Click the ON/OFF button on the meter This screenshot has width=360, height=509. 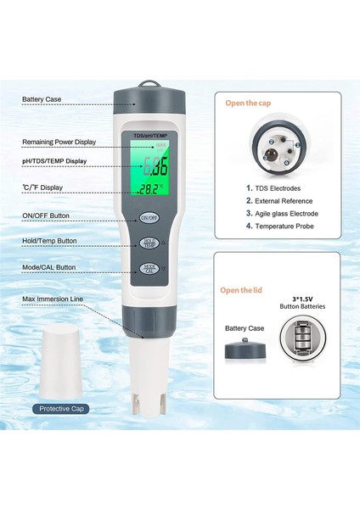149,217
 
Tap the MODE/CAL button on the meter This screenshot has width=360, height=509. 149,269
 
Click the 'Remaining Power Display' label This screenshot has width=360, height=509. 59,142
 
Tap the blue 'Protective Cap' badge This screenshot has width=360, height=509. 64,408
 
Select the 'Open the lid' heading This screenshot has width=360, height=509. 243,289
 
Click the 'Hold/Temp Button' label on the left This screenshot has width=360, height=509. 53,241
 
